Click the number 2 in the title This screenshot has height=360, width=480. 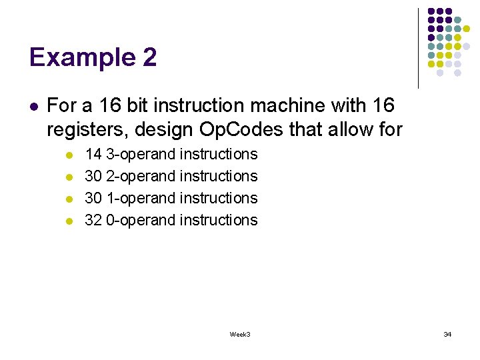(149, 58)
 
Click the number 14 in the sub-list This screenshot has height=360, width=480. (93, 154)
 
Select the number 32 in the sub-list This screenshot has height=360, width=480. (93, 220)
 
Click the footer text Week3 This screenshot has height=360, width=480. (240, 334)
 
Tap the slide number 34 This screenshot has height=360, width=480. (447, 334)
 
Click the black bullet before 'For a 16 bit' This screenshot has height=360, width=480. (33, 106)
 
